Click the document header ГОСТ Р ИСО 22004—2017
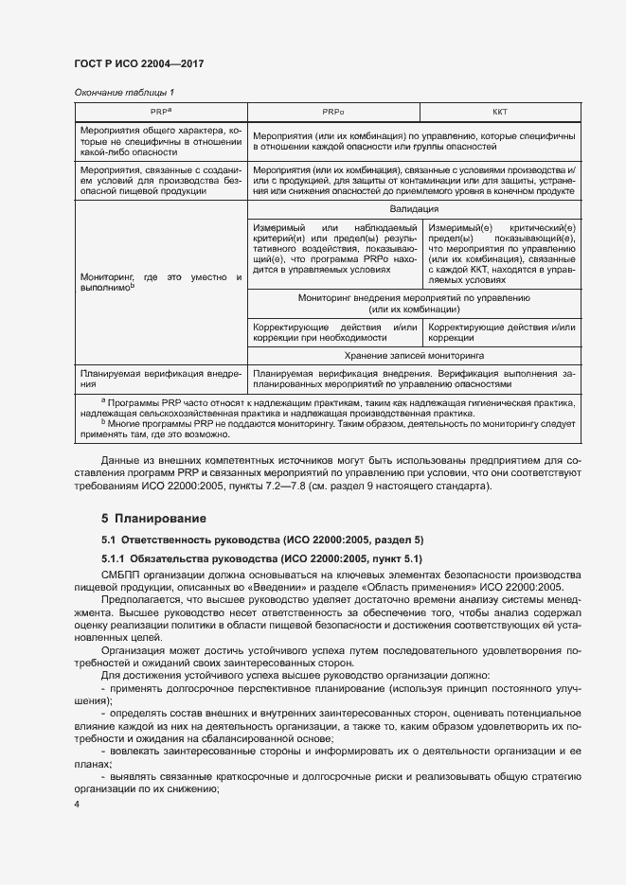click(139, 63)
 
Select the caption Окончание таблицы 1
click(123, 92)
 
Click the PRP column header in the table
click(160, 112)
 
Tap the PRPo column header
click(333, 112)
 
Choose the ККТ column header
click(500, 112)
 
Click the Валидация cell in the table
click(413, 209)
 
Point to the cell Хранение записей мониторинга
click(413, 356)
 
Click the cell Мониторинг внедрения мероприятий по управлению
click(413, 304)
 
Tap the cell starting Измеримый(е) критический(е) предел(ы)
click(501, 254)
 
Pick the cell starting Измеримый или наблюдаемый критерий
click(335, 248)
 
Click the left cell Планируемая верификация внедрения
click(160, 379)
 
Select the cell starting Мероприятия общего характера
click(160, 140)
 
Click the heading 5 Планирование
click(154, 519)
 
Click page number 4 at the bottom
click(77, 805)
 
